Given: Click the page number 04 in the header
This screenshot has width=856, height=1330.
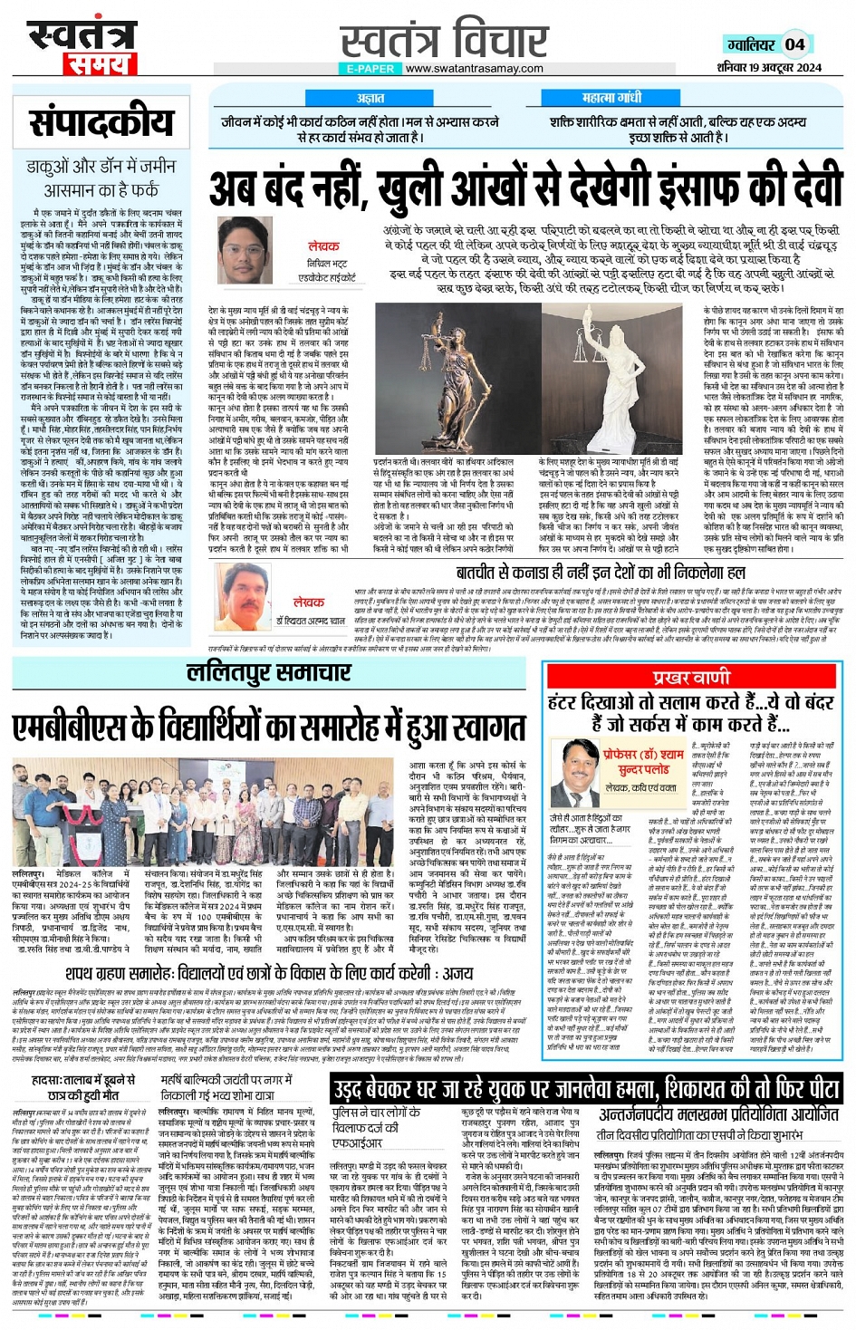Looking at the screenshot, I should (x=794, y=43).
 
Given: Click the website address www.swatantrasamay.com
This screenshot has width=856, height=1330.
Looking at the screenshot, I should (x=474, y=69).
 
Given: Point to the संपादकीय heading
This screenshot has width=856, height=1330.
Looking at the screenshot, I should (x=101, y=122).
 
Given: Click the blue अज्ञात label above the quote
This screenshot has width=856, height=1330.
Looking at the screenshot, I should (x=370, y=98).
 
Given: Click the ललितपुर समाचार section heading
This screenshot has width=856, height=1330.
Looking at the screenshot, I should (x=268, y=672).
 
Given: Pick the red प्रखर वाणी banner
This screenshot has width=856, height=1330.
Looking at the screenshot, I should (x=691, y=677).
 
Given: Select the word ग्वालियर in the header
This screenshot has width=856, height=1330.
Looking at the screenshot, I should (x=751, y=44).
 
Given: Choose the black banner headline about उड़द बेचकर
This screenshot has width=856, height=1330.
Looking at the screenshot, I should (x=585, y=1088).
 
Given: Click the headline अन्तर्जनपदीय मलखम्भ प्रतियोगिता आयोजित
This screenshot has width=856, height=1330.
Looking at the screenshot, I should (x=718, y=1114).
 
